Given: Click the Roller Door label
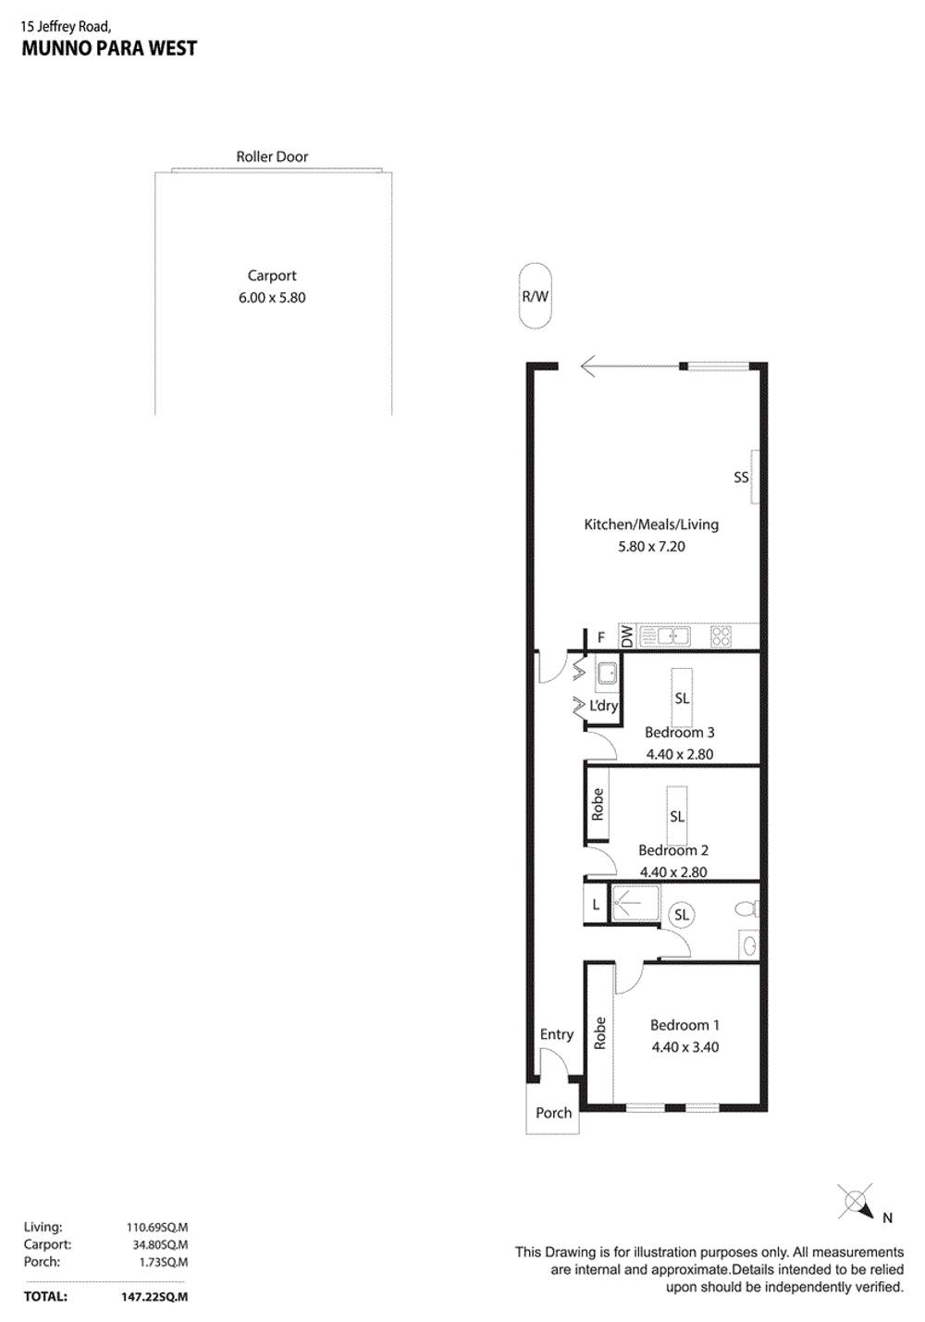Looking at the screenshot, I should click(x=272, y=157).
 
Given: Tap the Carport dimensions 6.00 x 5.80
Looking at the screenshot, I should click(x=272, y=298).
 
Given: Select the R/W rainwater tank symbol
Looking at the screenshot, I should click(x=535, y=296).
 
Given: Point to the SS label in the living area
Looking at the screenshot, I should click(x=741, y=477).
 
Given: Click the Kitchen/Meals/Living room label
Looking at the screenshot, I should click(x=651, y=525).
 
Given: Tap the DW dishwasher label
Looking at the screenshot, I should click(x=628, y=636).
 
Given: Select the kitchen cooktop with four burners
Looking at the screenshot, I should click(x=721, y=636).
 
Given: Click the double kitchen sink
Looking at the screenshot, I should click(x=666, y=636).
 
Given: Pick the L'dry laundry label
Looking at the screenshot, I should click(x=603, y=706).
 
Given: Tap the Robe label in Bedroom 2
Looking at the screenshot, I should click(x=598, y=804).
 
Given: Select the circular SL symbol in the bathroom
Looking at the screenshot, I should click(x=682, y=915).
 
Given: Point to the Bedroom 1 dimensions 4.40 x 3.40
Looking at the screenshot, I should click(x=684, y=1047).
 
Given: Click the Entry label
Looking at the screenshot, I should click(x=557, y=1034).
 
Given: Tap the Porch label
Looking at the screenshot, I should click(x=554, y=1113).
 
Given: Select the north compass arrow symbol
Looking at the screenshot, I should click(x=857, y=1205).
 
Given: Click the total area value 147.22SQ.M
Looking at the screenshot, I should click(x=154, y=1297).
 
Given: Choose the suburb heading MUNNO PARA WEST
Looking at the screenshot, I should click(x=109, y=49).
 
